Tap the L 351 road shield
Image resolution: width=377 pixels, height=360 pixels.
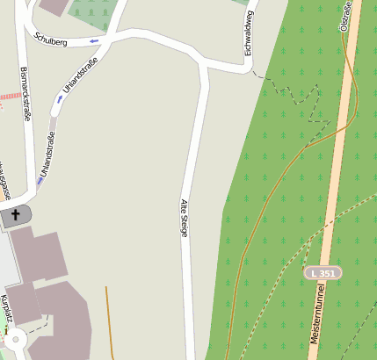coord(324,274)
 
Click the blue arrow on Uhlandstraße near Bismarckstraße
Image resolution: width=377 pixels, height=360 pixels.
coord(59,98)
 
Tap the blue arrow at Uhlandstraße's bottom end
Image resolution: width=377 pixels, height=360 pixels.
coord(40,180)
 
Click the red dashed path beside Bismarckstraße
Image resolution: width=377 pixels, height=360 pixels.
coord(10,95)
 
